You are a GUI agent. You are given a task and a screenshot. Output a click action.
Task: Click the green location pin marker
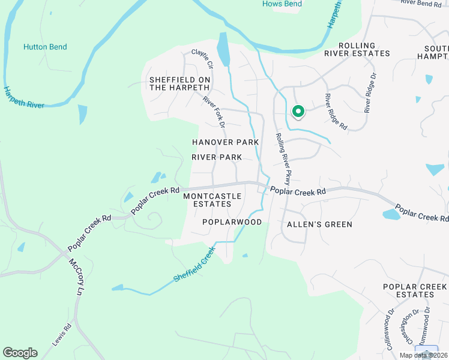297,112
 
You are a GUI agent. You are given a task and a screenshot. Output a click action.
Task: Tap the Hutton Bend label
45,47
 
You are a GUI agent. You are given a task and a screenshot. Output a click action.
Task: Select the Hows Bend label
282,4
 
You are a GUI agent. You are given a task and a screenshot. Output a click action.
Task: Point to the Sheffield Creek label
194,264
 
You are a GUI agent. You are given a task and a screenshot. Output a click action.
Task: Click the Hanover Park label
225,142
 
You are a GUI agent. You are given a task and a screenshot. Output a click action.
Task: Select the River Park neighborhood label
217,157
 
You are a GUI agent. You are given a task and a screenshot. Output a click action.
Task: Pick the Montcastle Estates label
212,200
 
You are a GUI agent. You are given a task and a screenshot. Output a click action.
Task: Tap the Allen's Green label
319,224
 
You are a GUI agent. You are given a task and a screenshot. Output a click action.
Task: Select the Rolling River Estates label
364,49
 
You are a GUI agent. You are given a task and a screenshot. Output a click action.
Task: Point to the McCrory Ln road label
75,277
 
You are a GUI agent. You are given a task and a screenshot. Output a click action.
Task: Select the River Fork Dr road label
213,112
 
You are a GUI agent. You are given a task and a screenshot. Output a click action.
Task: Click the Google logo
20,353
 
